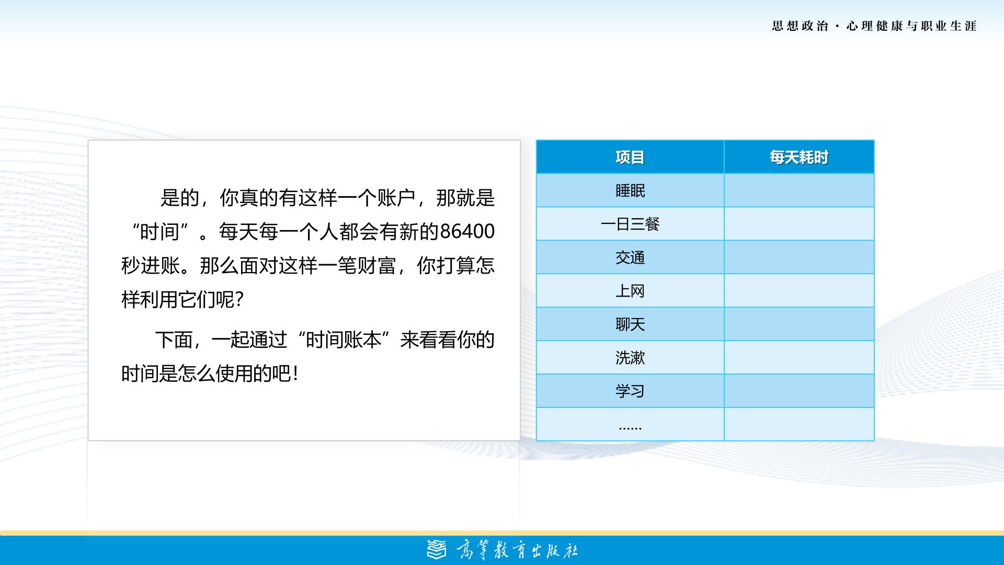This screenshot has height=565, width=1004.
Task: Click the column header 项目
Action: (x=630, y=157)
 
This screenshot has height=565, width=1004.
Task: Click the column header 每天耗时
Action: (x=798, y=157)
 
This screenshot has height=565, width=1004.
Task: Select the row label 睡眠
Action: (x=630, y=190)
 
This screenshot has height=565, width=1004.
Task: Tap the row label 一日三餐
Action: (x=630, y=224)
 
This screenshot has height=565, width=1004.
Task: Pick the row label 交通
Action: (x=630, y=257)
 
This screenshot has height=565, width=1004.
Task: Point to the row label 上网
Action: (x=630, y=291)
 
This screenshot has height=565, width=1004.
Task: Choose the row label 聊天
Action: (x=630, y=324)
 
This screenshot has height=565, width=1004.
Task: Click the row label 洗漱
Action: (x=630, y=358)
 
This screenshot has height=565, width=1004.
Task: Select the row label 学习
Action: (x=630, y=391)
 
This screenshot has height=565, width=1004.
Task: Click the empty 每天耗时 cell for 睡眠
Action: (x=799, y=190)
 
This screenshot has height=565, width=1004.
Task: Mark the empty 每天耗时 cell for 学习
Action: (x=799, y=391)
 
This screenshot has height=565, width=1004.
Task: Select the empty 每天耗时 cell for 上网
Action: (x=799, y=291)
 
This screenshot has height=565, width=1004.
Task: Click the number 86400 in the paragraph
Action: (x=467, y=231)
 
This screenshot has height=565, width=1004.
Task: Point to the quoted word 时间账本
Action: (x=344, y=340)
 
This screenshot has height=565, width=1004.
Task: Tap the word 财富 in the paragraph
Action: (x=376, y=266)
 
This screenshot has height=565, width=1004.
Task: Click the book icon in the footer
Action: (x=437, y=550)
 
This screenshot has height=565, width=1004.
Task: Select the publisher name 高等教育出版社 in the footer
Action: (x=517, y=550)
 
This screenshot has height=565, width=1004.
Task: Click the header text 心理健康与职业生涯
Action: (x=911, y=26)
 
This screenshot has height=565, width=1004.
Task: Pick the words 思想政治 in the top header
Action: (x=800, y=26)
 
